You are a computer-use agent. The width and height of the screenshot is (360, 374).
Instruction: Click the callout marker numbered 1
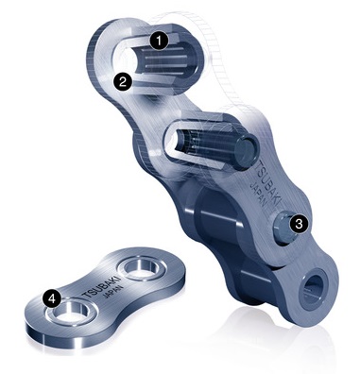pyautogui.click(x=160, y=41)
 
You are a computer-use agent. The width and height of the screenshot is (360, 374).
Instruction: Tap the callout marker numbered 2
pyautogui.click(x=122, y=81)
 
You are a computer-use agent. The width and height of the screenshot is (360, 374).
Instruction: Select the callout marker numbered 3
pyautogui.click(x=299, y=224)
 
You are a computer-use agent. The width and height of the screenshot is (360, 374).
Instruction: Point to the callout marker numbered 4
pyautogui.click(x=53, y=297)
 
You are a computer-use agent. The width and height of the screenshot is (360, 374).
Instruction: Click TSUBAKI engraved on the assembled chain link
pyautogui.click(x=269, y=183)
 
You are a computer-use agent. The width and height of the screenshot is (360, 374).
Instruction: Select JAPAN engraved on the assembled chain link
pyautogui.click(x=258, y=195)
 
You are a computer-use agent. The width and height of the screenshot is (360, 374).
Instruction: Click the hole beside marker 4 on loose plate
pyautogui.click(x=70, y=312)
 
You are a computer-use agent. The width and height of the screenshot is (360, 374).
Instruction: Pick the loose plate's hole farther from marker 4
pyautogui.click(x=141, y=267)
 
